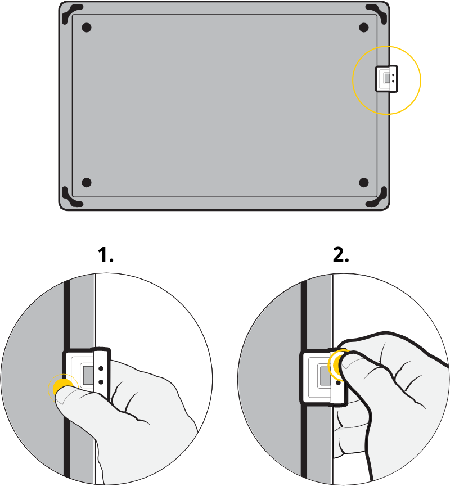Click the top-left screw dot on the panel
[x=87, y=28]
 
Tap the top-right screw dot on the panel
[x=364, y=28]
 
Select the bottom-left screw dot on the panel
[x=87, y=182]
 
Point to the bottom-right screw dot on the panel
[x=364, y=182]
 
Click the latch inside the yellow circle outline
[x=386, y=79]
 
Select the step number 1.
[x=105, y=255]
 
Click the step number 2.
[x=341, y=255]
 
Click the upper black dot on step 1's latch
[x=101, y=369]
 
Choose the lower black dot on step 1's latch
[x=101, y=382]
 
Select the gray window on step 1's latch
[x=88, y=375]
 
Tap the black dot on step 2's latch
[x=338, y=383]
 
